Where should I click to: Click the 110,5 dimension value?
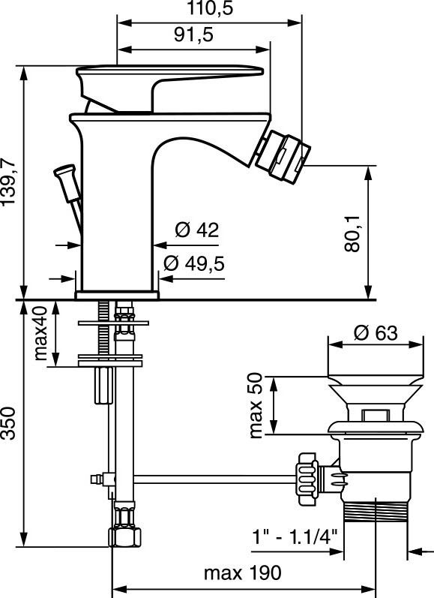tap(209, 8)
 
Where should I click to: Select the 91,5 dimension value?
tap(193, 35)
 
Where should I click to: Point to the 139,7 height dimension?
tap(8, 182)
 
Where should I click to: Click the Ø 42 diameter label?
tap(197, 230)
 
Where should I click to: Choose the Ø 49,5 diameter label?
tap(194, 263)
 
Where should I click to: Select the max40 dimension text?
tap(40, 333)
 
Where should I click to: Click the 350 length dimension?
tap(8, 423)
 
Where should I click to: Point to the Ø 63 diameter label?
tap(376, 332)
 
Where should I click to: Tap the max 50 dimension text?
tap(256, 405)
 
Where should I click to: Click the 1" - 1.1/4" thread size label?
tap(295, 537)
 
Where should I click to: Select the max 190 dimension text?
tap(243, 572)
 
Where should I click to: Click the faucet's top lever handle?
tap(169, 89)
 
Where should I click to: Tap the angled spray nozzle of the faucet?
tap(283, 156)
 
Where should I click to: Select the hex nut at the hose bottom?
tap(124, 537)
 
